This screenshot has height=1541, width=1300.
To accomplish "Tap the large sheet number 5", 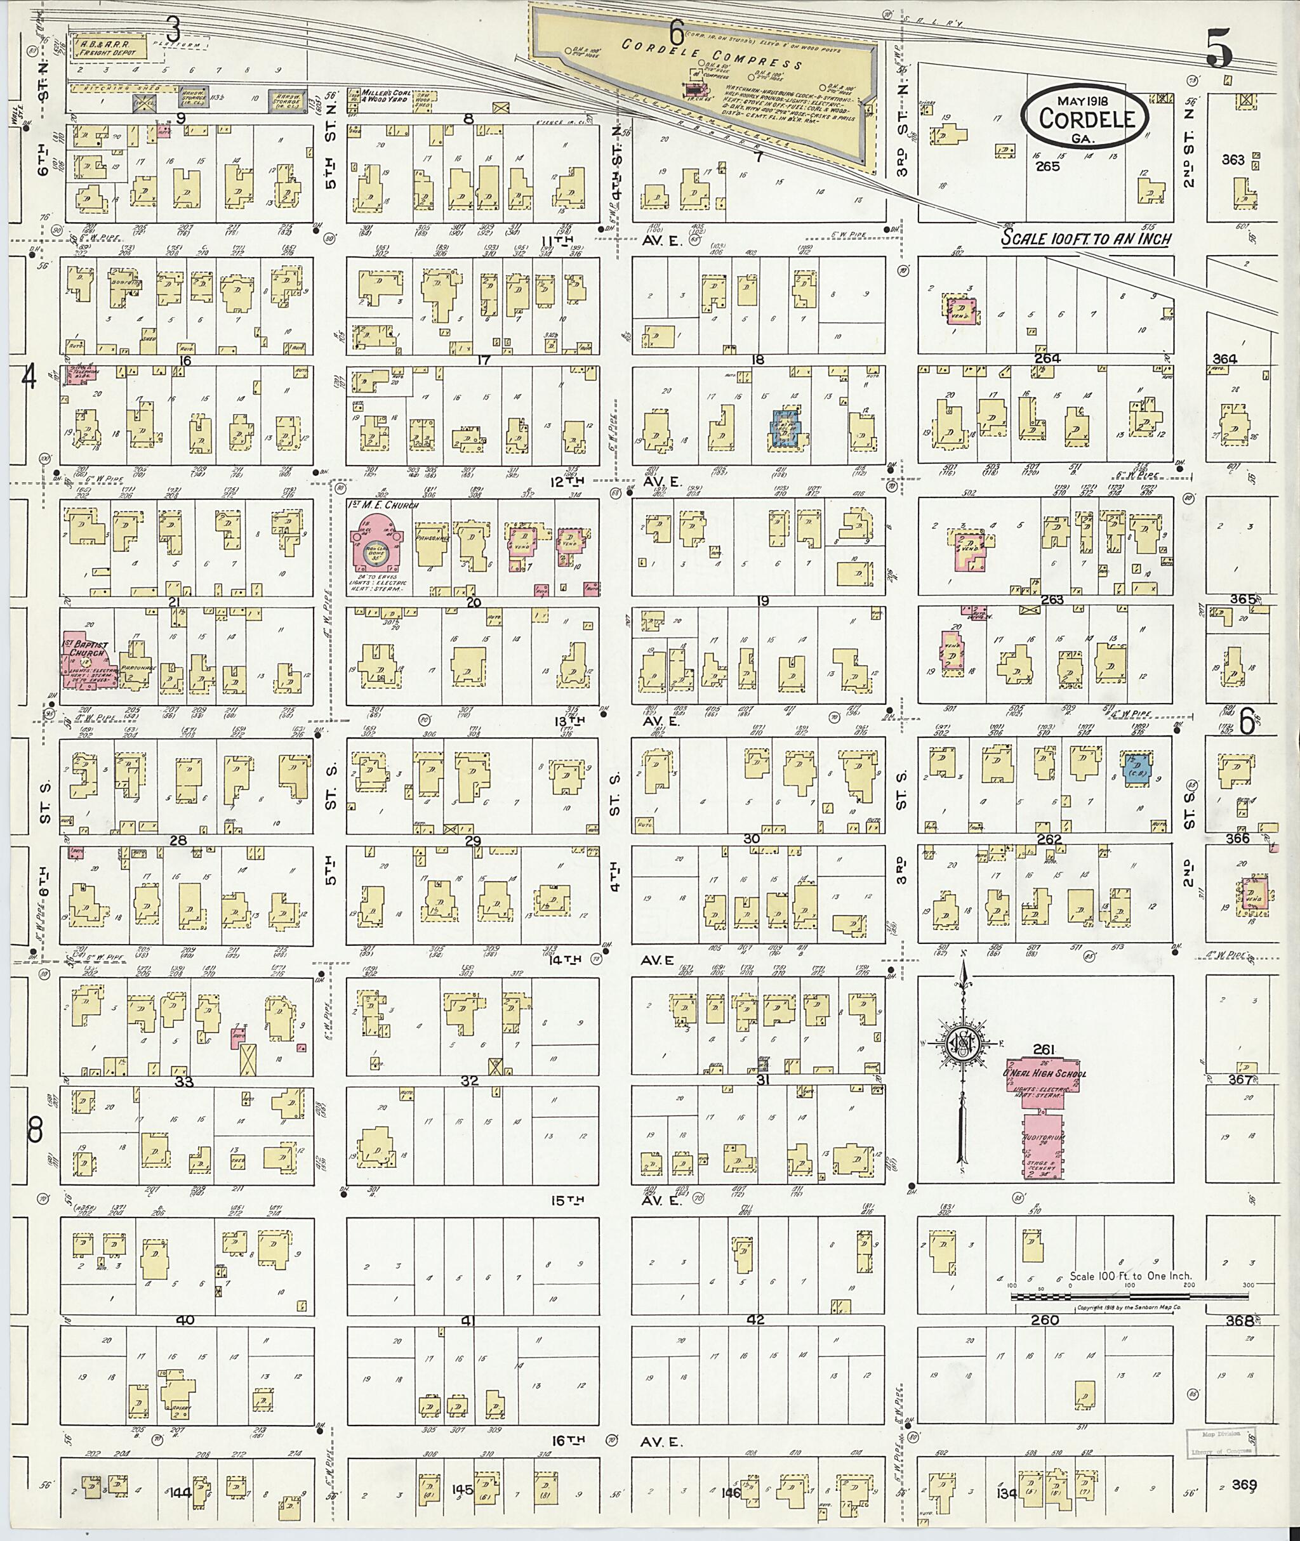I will click(1219, 50).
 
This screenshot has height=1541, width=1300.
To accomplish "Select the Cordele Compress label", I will click(712, 55).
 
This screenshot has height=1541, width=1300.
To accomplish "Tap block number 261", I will click(1045, 1049).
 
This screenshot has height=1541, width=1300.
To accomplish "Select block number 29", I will click(472, 841).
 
